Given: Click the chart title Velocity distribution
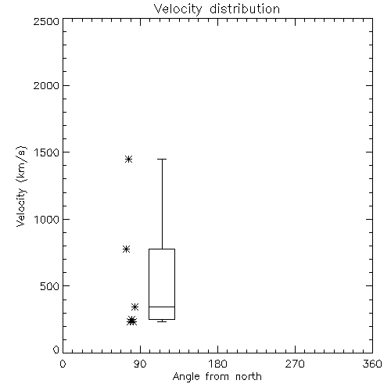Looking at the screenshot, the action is click(x=217, y=9).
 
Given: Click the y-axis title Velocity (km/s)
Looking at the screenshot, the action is click(x=21, y=186).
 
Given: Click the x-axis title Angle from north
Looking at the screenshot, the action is click(x=217, y=377).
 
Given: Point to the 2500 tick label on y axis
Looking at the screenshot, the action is click(x=46, y=21).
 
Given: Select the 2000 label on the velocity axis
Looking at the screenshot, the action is click(x=46, y=85).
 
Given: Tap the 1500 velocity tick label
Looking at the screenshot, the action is click(x=47, y=152).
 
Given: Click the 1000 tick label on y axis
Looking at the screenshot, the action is click(x=47, y=220).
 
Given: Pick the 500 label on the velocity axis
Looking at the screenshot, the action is click(x=50, y=286).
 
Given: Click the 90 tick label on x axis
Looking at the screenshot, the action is click(x=141, y=364).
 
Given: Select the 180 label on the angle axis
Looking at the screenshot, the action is click(x=217, y=364).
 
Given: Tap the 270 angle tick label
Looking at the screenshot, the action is click(x=295, y=364).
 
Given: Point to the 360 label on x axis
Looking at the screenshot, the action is click(x=372, y=364).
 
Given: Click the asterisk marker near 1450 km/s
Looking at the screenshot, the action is click(x=128, y=159).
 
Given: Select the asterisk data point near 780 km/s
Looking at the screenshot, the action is click(x=126, y=249).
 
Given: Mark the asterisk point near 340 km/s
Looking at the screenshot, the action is click(x=135, y=307).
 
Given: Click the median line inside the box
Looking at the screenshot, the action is click(x=162, y=307).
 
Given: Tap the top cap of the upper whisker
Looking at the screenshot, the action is click(x=162, y=159).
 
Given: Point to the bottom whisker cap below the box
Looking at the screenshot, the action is click(x=162, y=321).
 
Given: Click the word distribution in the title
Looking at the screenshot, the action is click(x=245, y=9).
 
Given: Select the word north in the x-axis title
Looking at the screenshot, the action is click(x=249, y=377).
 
